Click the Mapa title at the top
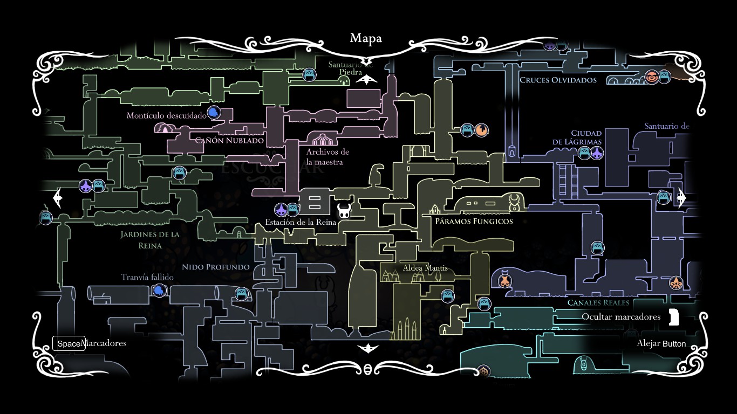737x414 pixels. coord(366,38)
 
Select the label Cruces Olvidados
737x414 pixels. coord(558,80)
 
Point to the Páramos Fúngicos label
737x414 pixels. coord(474,221)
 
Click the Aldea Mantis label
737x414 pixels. coord(425,268)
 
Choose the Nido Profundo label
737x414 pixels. coord(215,267)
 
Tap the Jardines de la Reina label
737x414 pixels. coord(149,240)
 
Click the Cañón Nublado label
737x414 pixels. coord(229,140)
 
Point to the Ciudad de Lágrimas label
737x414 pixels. coord(577,137)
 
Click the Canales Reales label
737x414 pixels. coord(598,302)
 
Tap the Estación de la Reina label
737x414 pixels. coord(301,222)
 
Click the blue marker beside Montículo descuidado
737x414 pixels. coord(214,113)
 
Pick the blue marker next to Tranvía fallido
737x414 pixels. coord(159,291)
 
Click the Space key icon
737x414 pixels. coord(69,343)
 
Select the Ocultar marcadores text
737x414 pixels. coord(620,316)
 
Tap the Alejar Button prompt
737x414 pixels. coord(661,343)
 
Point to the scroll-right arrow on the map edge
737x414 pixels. coord(681,198)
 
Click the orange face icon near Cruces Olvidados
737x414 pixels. coord(652,77)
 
